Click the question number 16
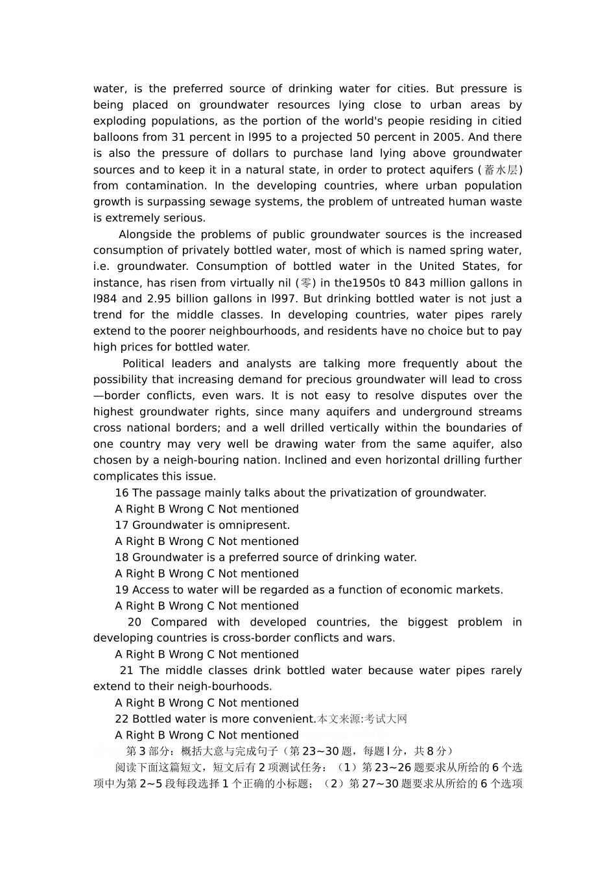click(122, 493)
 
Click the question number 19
click(122, 590)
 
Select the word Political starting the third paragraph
click(143, 364)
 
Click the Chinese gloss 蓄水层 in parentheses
click(500, 170)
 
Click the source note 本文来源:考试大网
click(362, 719)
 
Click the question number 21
click(126, 671)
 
